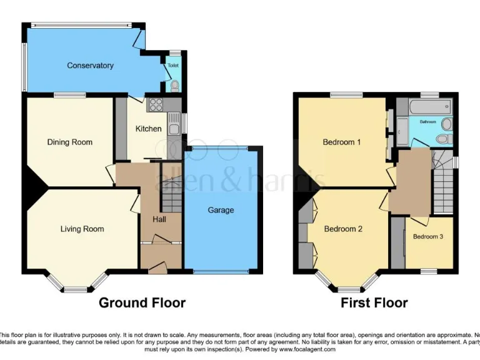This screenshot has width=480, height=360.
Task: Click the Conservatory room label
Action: [90, 66]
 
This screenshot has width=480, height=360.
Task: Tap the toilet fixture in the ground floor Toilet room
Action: [174, 84]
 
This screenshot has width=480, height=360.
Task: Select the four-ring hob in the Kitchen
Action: [156, 105]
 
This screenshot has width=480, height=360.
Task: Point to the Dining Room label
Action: [69, 142]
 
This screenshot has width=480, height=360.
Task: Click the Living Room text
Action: [82, 229]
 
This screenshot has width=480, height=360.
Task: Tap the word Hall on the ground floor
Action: [159, 219]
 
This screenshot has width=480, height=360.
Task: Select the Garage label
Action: [221, 210]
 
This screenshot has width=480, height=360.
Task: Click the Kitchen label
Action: [149, 129]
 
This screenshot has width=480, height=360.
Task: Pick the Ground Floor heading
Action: [142, 303]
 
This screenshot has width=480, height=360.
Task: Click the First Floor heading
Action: [374, 303]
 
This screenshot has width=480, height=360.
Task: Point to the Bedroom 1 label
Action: [341, 142]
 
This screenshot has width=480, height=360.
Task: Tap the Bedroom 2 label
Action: [342, 229]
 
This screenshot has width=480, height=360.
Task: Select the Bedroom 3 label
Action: [428, 236]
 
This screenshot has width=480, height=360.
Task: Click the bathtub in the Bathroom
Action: [427, 107]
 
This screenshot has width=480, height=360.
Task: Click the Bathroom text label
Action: [427, 121]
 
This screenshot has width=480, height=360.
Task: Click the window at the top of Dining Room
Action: [69, 95]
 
